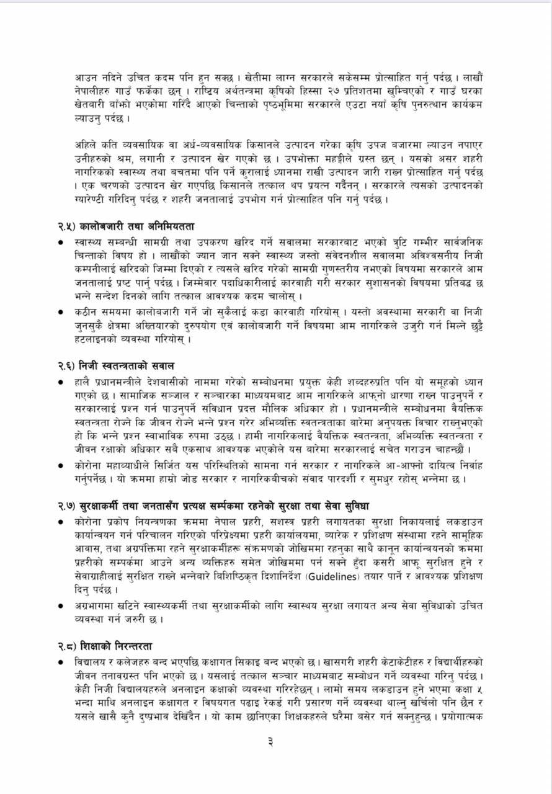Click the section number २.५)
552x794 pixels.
[65, 227]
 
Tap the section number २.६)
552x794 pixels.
[65, 366]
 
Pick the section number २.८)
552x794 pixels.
[65, 646]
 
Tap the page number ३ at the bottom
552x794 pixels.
[270, 741]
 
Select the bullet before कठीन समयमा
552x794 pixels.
[61, 312]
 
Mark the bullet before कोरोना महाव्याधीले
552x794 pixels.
[61, 465]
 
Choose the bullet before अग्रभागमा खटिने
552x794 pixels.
[61, 605]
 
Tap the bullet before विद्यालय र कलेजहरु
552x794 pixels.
[61, 662]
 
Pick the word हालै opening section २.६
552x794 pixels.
[85, 381]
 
